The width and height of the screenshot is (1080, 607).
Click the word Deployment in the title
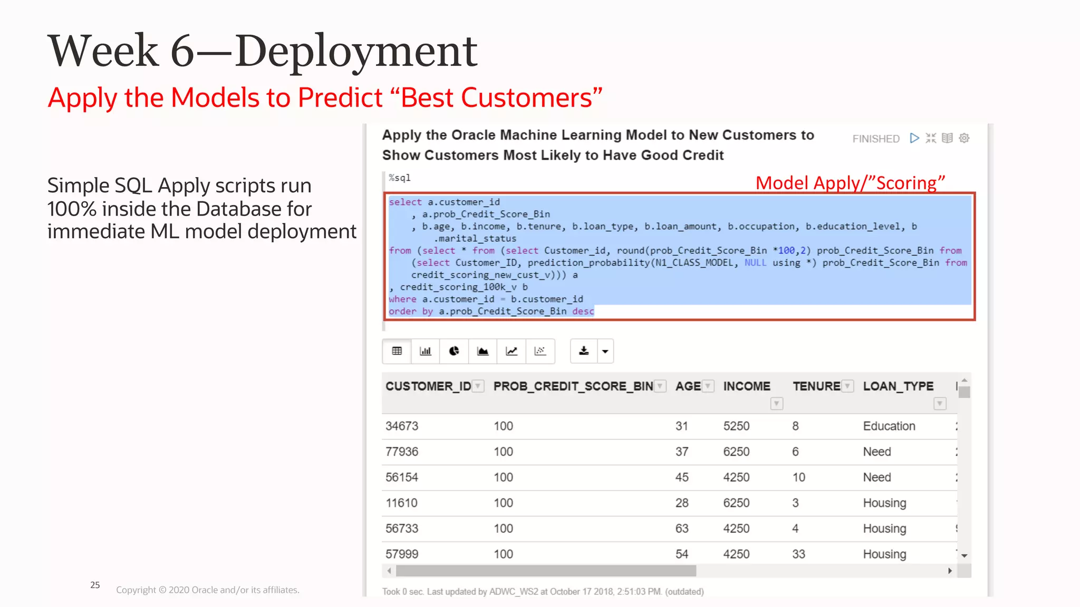[x=356, y=51]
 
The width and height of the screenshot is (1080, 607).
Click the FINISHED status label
[x=875, y=139]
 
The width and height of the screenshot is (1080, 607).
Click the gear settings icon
[x=964, y=138]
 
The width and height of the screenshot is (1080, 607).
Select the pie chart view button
[x=454, y=351]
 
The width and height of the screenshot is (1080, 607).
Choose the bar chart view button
[x=425, y=351]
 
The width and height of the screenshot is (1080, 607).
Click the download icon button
[x=584, y=351]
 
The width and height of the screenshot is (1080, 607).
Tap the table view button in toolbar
[x=397, y=351]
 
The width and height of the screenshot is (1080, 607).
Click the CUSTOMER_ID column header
[x=428, y=386]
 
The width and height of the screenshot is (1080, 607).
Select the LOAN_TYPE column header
[x=898, y=386]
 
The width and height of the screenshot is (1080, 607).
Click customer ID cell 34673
[x=402, y=426]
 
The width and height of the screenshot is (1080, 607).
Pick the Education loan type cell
[x=889, y=426]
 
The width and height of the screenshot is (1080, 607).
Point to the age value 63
[x=681, y=528]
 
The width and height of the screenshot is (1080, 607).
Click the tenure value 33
[x=798, y=554]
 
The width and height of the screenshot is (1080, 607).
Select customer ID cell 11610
[x=401, y=503]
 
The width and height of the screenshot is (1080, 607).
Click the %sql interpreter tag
[x=399, y=178]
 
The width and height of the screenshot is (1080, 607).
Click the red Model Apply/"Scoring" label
[x=850, y=183]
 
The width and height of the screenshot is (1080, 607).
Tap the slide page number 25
[x=95, y=585]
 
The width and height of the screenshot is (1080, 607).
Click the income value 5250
[x=736, y=426]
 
